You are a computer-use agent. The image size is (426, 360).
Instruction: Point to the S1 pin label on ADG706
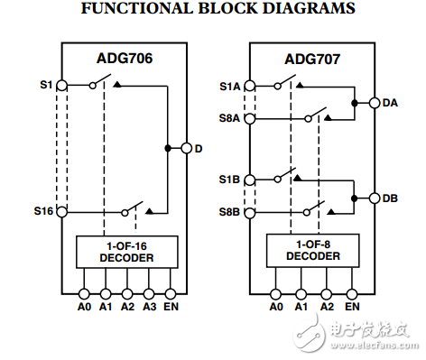45,85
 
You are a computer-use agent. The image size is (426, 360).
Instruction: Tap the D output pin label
199,148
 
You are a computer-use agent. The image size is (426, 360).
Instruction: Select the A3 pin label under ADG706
149,307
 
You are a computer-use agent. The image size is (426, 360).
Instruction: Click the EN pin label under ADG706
171,307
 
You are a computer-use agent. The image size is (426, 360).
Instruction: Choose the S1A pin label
229,87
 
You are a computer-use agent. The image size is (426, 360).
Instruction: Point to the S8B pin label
229,212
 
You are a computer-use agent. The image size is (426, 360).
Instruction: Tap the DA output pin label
390,103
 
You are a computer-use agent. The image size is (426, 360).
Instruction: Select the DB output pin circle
374,198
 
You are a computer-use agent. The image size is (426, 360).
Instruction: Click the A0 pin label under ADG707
276,307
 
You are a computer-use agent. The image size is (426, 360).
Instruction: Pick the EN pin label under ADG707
352,307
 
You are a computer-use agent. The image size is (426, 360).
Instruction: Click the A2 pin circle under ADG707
326,293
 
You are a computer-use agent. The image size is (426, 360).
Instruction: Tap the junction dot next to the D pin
169,148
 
